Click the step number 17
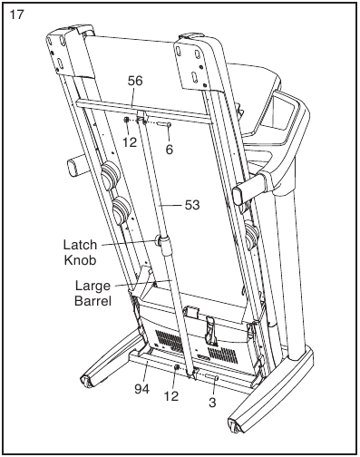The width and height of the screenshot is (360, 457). point(15,15)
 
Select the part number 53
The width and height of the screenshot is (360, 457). point(191,205)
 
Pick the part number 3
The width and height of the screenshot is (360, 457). point(211,402)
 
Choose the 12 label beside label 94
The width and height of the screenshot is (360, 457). point(171,395)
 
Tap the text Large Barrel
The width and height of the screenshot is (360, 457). point(92,294)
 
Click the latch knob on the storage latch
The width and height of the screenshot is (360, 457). point(164,241)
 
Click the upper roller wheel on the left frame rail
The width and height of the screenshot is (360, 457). point(110,174)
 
